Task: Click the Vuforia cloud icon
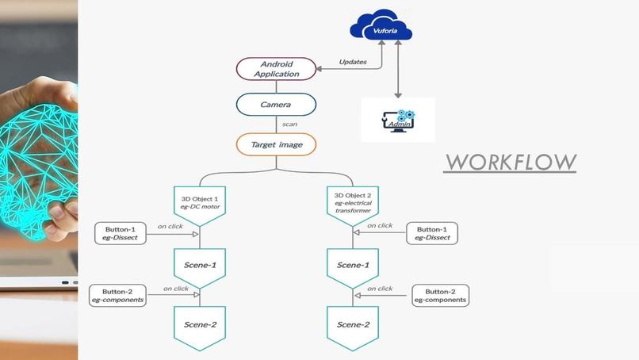(382, 29)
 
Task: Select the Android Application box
(277, 68)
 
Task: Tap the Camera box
(276, 104)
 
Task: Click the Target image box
(276, 144)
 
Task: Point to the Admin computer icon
(398, 120)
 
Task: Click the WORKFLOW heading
(510, 162)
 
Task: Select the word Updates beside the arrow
(353, 62)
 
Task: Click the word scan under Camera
(289, 124)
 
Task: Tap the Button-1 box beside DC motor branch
(121, 233)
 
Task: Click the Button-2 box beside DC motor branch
(117, 296)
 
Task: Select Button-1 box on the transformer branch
(432, 232)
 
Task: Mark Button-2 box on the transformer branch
(439, 296)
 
